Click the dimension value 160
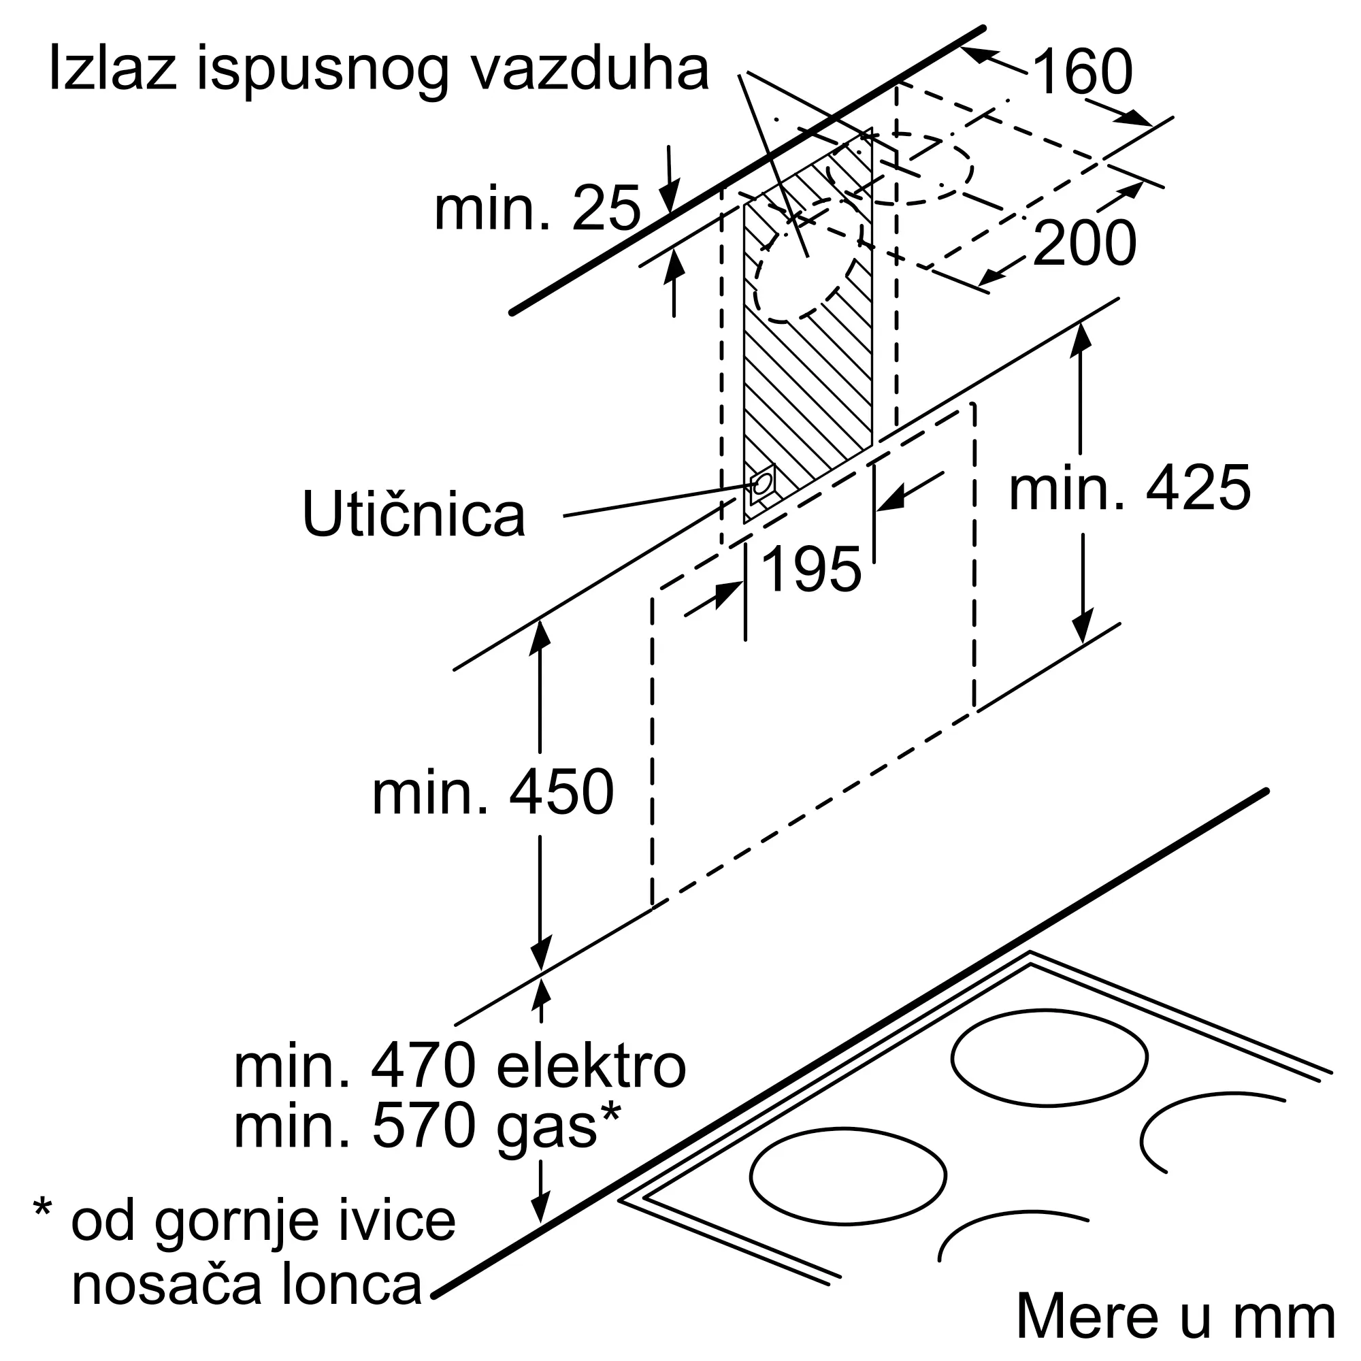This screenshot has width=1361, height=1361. pyautogui.click(x=1083, y=73)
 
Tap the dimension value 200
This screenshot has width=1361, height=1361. pyautogui.click(x=1084, y=243)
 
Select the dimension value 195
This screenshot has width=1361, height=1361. pyautogui.click(x=812, y=569)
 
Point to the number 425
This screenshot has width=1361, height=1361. pyautogui.click(x=1198, y=489)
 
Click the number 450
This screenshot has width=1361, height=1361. pyautogui.click(x=561, y=793)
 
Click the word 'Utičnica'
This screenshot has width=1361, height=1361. pyautogui.click(x=414, y=514)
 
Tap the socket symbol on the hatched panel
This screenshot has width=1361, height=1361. pyautogui.click(x=761, y=484)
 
